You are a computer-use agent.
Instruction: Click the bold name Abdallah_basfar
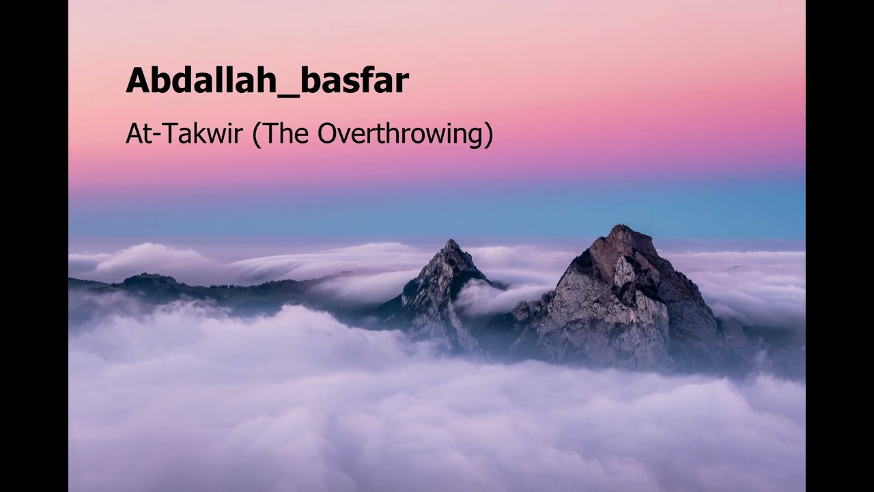267,81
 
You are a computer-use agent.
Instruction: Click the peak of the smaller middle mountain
451,243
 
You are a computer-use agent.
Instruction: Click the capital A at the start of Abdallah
137,81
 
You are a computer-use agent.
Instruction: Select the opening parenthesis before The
257,134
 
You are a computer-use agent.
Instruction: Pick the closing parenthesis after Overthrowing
488,134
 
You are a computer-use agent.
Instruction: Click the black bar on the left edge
34,246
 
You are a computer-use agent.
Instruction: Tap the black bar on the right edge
840,246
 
